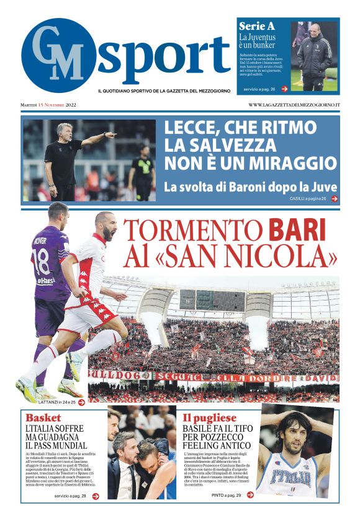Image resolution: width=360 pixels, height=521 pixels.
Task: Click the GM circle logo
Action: (x=58, y=56)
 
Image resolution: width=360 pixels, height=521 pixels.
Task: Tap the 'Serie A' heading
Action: (x=257, y=27)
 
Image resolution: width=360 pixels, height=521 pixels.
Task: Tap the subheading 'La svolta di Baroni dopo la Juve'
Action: (x=250, y=186)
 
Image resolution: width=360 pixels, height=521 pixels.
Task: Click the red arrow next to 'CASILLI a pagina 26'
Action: (x=335, y=199)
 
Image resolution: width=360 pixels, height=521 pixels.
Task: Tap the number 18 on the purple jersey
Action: (x=41, y=261)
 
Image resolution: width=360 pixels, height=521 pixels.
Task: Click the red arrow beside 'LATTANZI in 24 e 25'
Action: (x=81, y=402)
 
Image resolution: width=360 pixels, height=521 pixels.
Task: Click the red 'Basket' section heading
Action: (x=43, y=418)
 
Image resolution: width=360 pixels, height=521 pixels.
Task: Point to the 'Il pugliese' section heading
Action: (x=207, y=418)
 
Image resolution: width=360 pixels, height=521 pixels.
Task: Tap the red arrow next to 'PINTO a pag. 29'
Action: (x=250, y=495)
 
